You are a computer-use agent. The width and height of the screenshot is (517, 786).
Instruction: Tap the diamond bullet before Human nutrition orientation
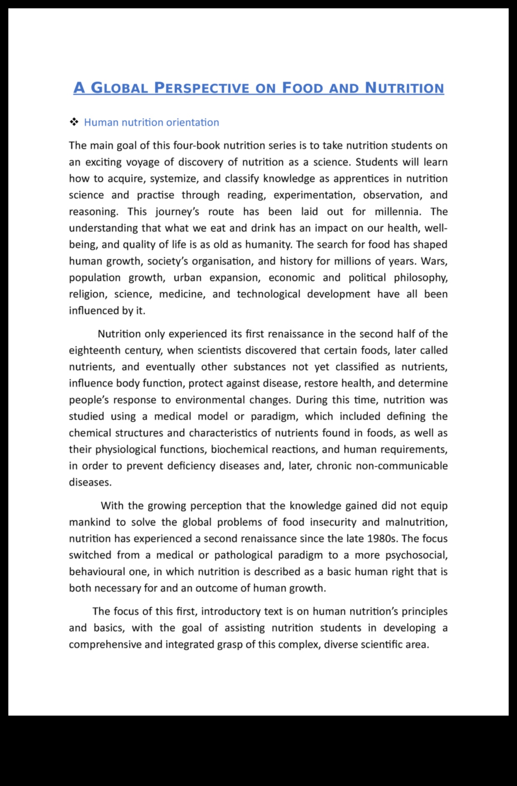pos(74,122)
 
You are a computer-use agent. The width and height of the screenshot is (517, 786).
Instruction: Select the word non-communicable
pos(402,466)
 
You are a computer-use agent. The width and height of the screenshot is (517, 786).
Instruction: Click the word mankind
pos(89,522)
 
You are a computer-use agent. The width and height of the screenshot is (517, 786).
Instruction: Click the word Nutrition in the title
pos(404,88)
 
